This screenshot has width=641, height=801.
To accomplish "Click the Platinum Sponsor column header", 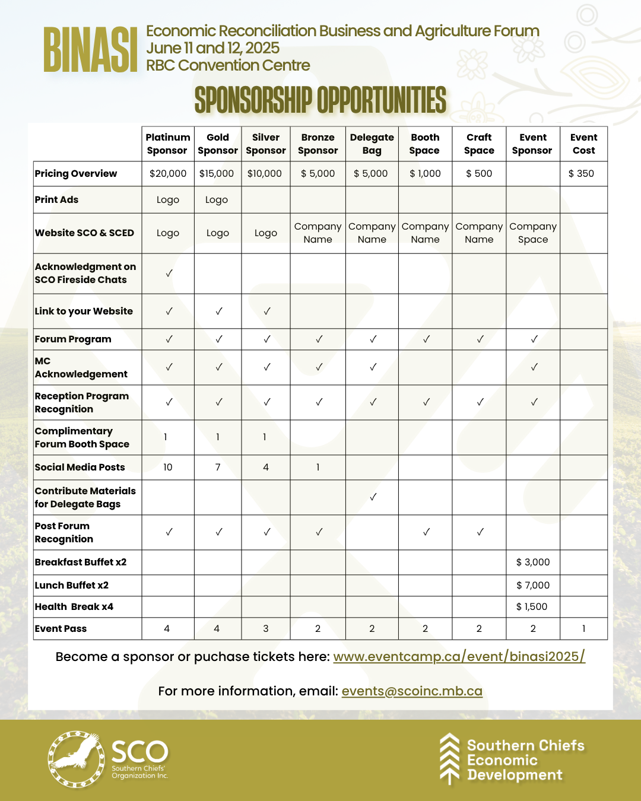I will point(168,144).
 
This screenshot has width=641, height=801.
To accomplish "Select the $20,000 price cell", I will point(168,174).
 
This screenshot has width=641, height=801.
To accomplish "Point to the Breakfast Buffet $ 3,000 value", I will point(533,562).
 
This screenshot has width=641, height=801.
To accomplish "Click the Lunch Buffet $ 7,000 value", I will point(533,586).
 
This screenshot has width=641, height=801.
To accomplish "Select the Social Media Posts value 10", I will point(168,468).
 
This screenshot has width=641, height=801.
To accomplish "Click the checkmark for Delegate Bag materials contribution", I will point(373,497).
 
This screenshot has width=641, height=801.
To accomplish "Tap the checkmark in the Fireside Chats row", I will point(169,273).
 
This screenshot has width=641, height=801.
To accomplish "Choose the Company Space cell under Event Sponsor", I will point(533,233).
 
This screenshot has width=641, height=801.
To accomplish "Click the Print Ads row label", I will point(57,200).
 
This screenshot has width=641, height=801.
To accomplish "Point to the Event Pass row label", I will point(61,629).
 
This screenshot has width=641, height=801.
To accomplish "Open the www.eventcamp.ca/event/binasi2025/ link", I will point(459,657).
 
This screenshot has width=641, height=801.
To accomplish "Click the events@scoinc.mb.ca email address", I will point(412,691).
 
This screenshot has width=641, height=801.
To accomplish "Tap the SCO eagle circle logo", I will point(75,759).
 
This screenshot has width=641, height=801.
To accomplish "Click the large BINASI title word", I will point(90,50).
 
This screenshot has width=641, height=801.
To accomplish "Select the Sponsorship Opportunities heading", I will point(320,100).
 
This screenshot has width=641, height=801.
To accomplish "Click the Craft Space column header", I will point(479,144).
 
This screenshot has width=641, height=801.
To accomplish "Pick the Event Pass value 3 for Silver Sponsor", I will point(266,629).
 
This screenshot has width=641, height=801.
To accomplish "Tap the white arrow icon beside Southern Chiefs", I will point(449,759).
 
